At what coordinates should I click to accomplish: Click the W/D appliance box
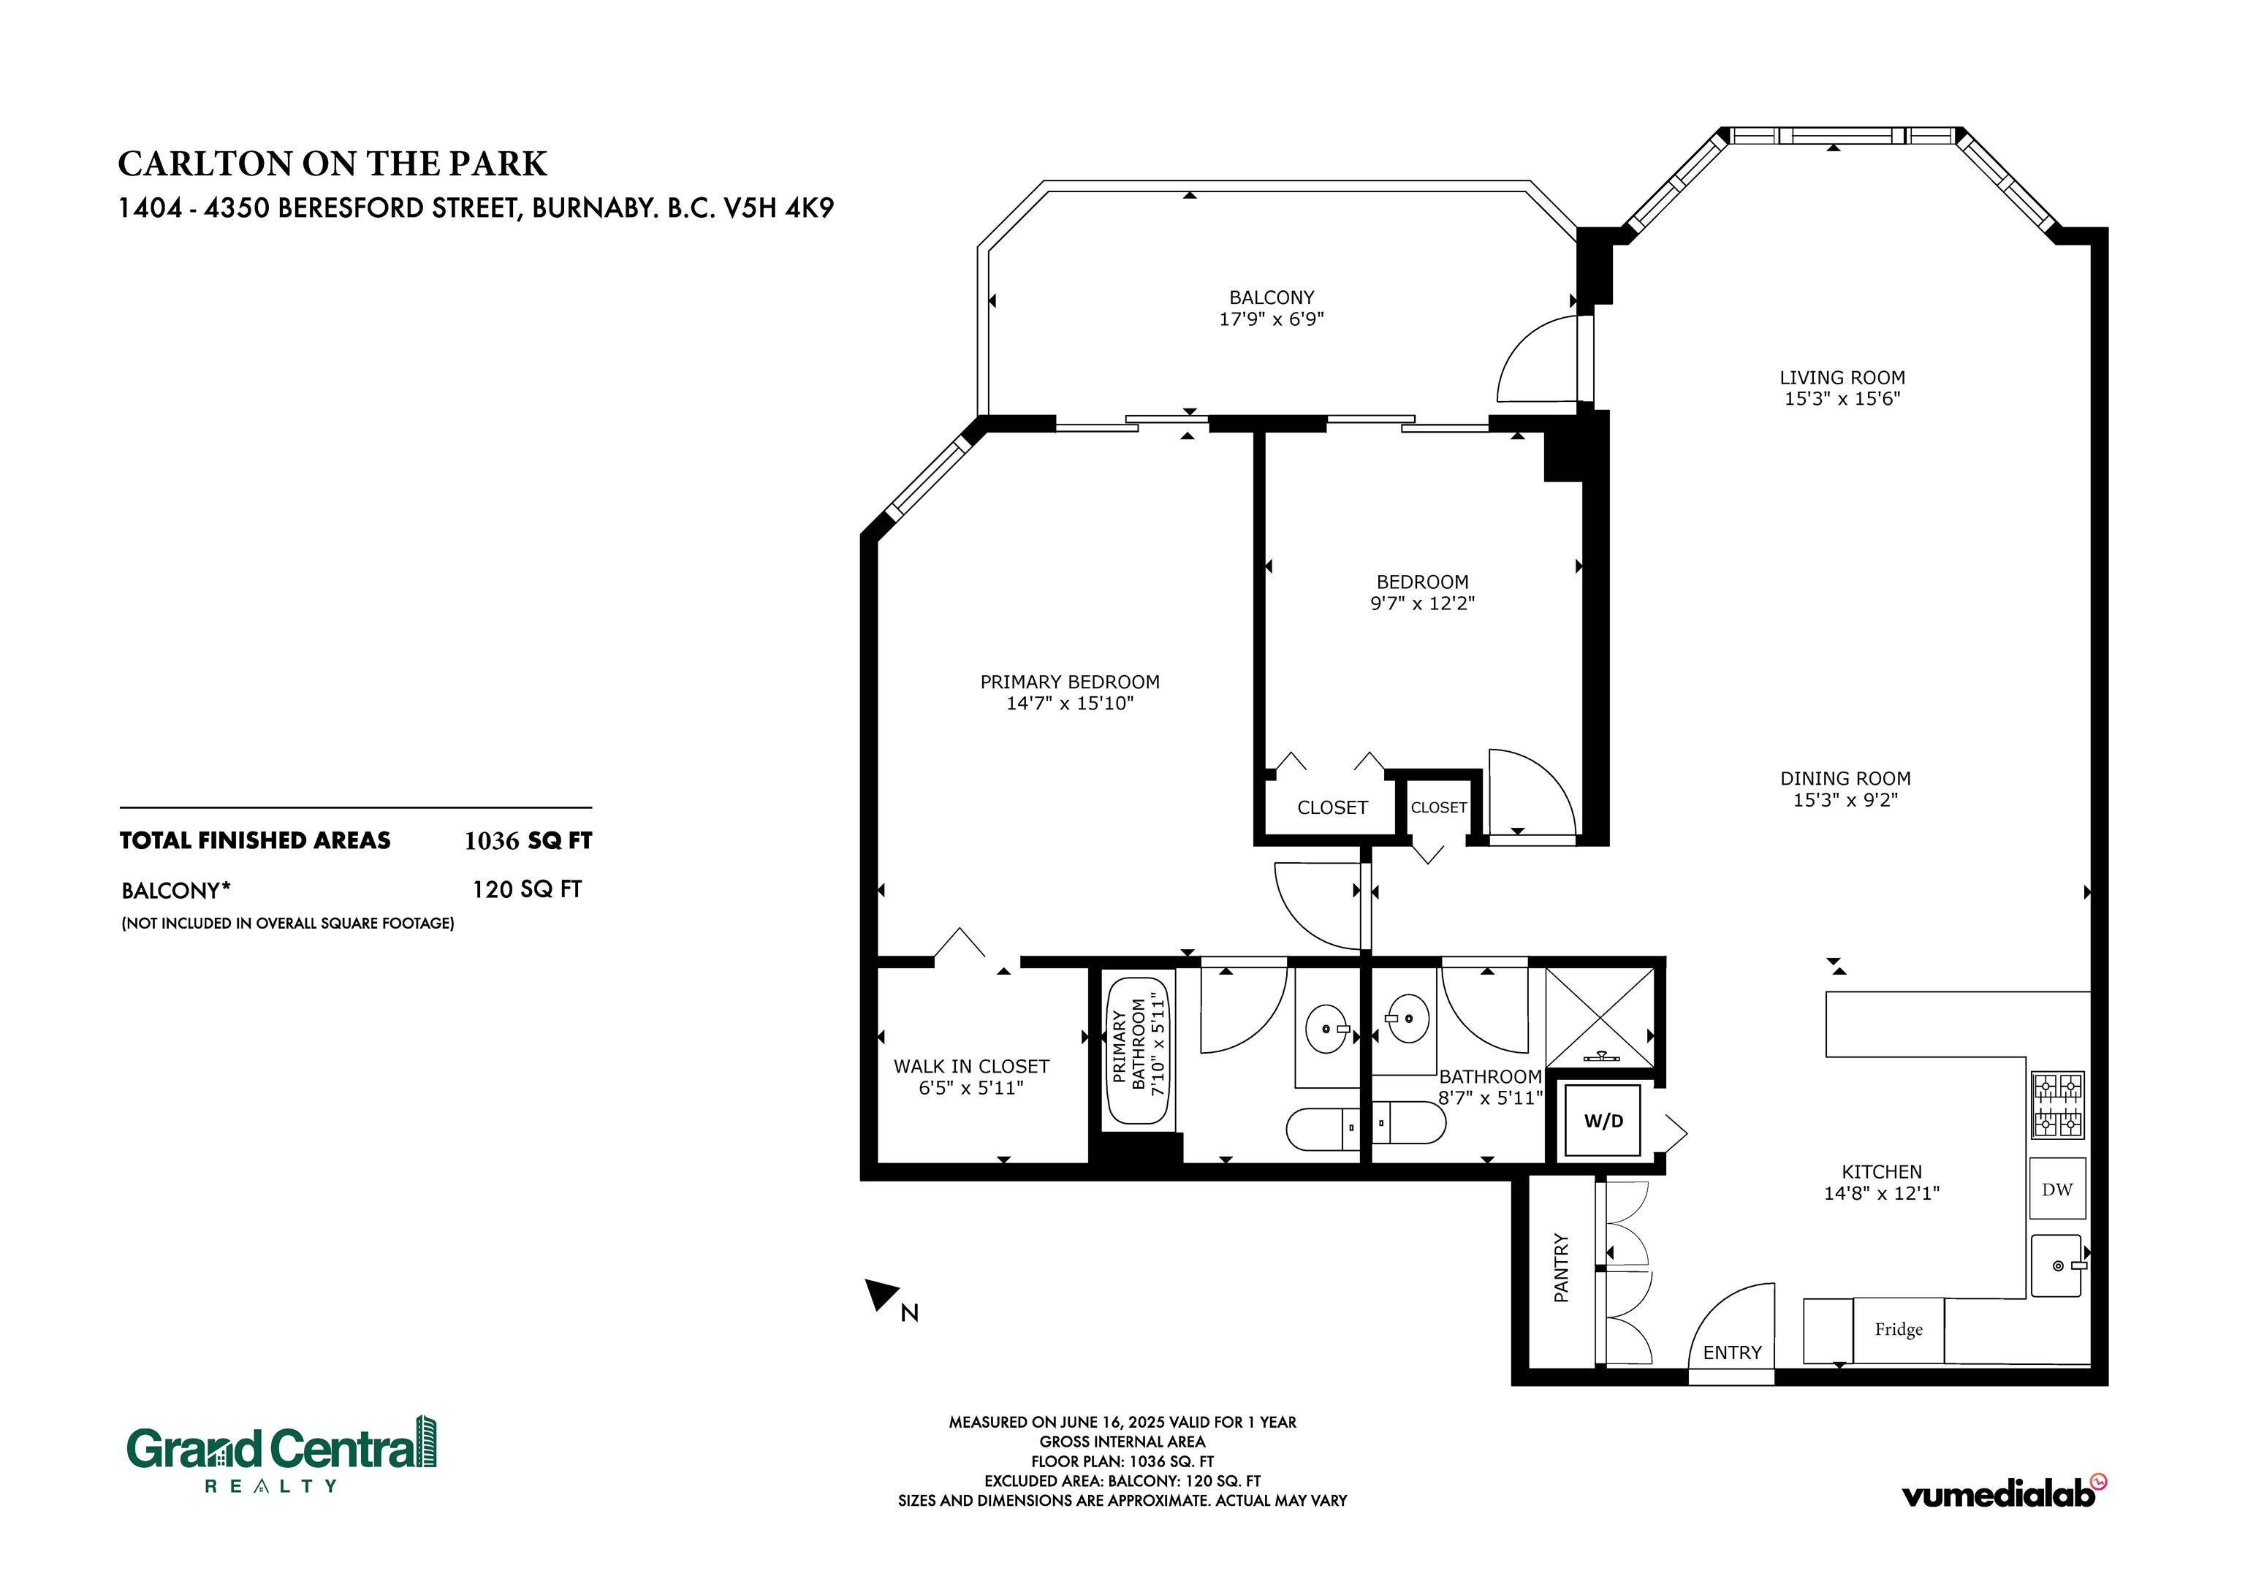coord(1603,1121)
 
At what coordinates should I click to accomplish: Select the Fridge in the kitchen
coord(1898,1330)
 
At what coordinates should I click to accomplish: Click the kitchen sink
coord(2057,1266)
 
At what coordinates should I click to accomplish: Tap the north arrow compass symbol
coord(882,1295)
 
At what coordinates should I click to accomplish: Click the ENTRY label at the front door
coord(1732,1352)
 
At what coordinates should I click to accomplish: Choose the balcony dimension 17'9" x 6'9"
coord(1271,319)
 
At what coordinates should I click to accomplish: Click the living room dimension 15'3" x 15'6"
coord(1842,398)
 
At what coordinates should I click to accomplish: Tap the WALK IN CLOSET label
coord(971,1066)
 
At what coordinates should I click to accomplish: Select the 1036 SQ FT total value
coord(528,841)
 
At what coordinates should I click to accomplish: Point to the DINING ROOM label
coord(1845,778)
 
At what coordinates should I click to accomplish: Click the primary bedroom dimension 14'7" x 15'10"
coord(1070,703)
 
